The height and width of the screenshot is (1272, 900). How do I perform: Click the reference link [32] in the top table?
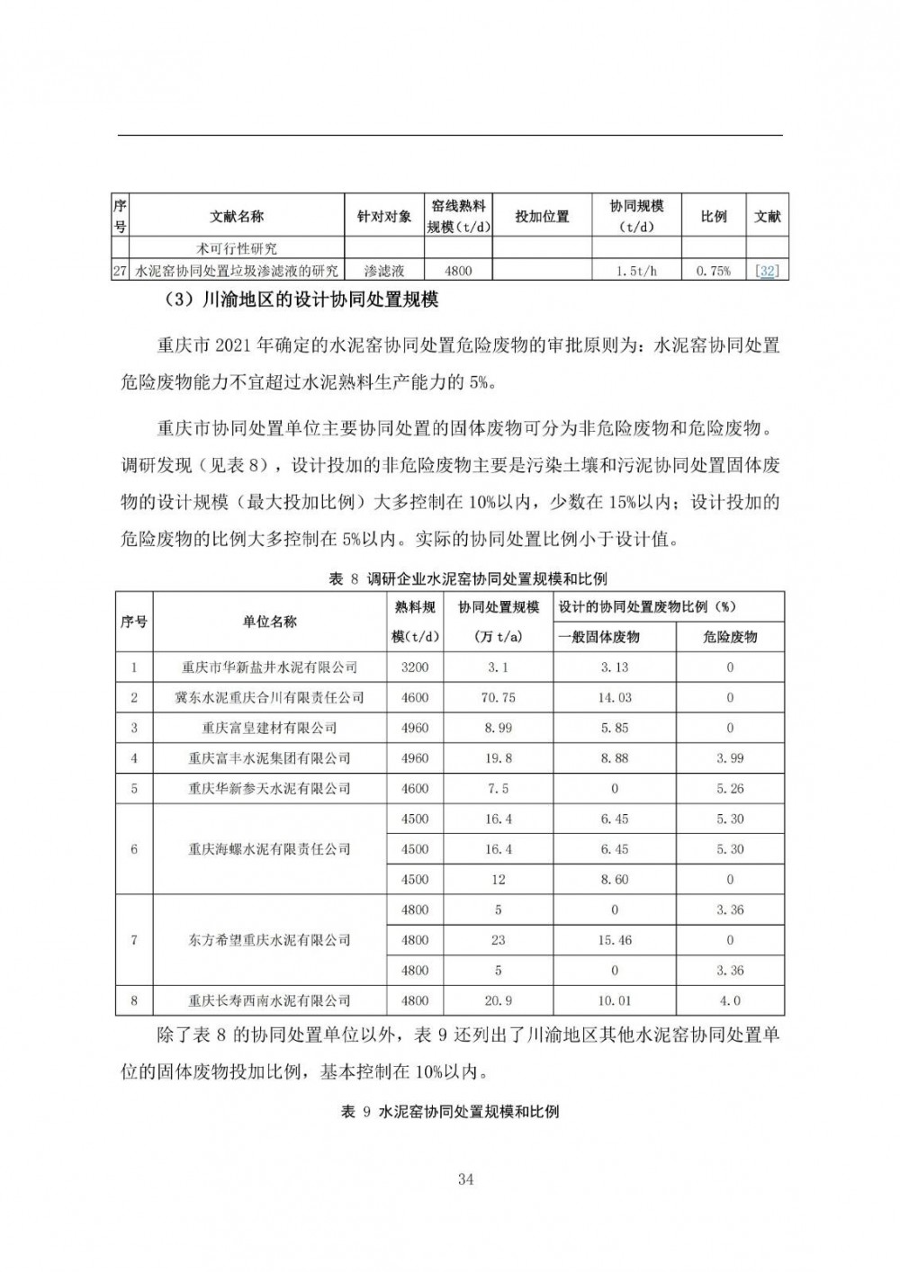767,271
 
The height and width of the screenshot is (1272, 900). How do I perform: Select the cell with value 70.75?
498,697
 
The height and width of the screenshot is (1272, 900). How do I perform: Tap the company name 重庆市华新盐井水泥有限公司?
269,667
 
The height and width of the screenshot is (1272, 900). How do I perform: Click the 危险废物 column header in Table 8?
729,636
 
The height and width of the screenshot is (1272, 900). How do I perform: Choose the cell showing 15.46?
614,940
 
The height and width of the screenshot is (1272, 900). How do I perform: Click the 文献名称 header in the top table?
237,217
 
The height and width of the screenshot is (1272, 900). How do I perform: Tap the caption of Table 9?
450,1111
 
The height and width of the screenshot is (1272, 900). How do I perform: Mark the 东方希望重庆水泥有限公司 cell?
269,940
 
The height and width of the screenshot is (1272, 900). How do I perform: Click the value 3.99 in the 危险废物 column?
729,758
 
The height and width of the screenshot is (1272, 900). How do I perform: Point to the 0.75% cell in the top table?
713,271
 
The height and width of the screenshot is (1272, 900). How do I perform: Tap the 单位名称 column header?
269,622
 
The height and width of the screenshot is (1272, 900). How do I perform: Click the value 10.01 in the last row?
614,1000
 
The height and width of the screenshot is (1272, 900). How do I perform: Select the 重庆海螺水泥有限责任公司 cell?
269,849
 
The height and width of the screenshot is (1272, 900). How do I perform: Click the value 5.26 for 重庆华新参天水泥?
729,789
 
